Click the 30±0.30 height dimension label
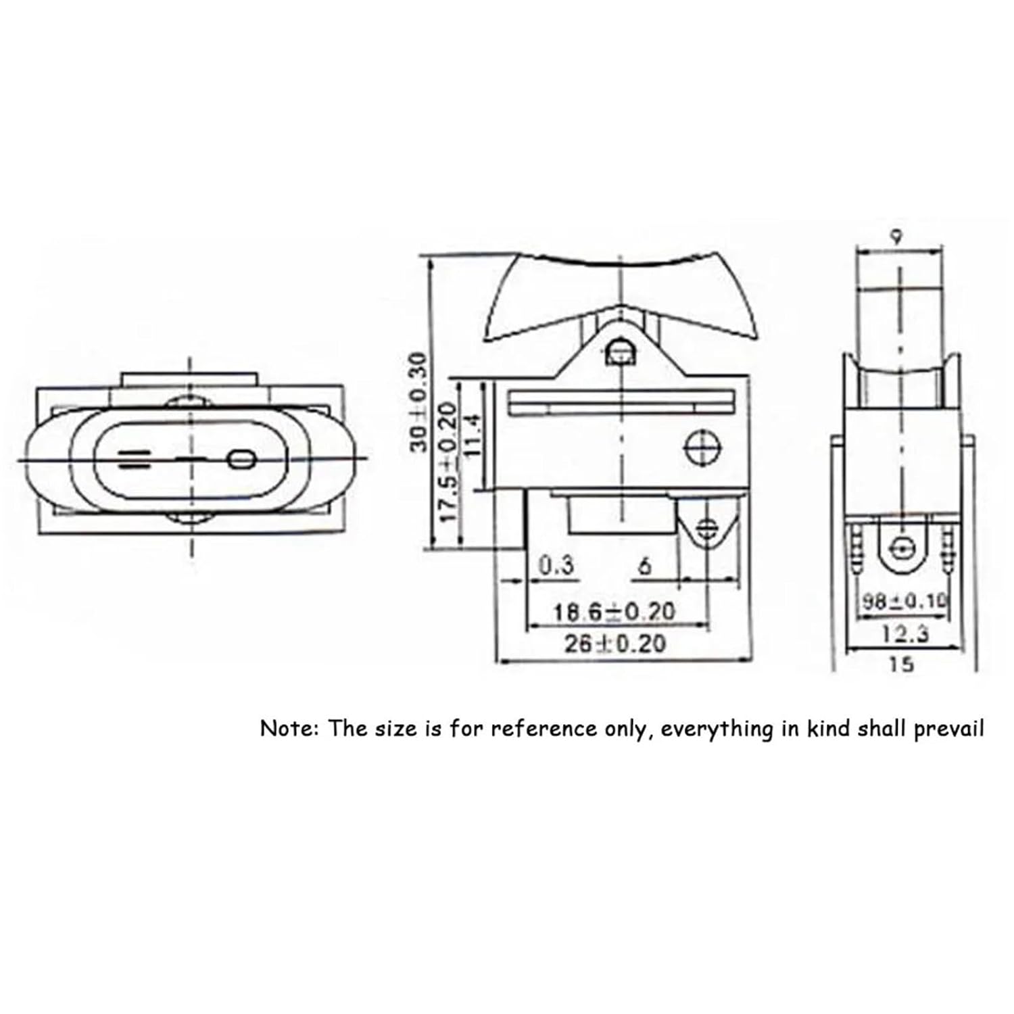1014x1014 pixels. (420, 402)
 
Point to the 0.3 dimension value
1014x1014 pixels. (556, 564)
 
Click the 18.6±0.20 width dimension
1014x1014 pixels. (614, 612)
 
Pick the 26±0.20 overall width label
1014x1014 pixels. (615, 644)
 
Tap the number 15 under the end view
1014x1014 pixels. (901, 664)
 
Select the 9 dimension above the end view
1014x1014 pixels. (897, 237)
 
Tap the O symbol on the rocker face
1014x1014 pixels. (241, 460)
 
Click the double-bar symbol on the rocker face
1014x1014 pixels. (132, 460)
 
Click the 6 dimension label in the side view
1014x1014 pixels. (644, 564)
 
